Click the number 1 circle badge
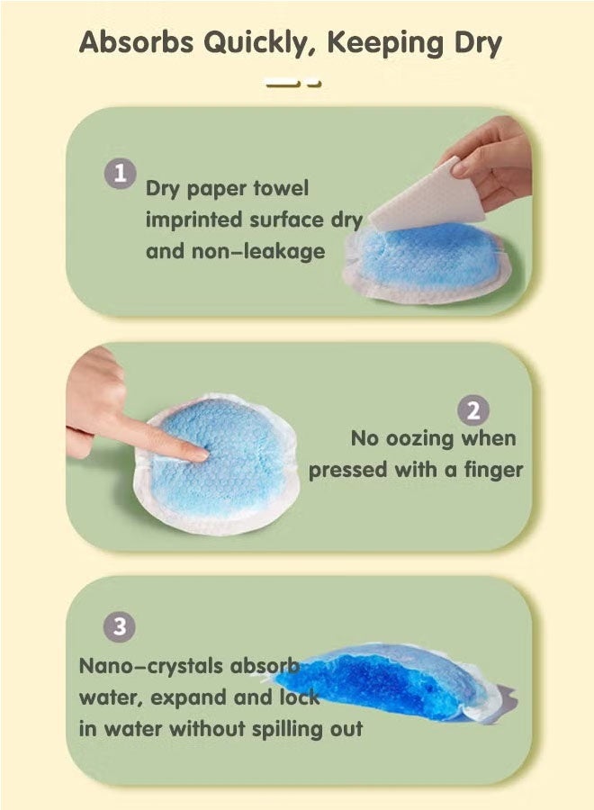pos(121,174)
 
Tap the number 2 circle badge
pos(473,410)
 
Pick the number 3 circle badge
pos(120,627)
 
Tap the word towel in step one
pos(281,188)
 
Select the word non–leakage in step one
pos(258,252)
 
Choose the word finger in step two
pos(494,470)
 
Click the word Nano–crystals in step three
pos(150,667)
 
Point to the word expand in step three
pos(189,699)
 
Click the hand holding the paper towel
pos(490,160)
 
